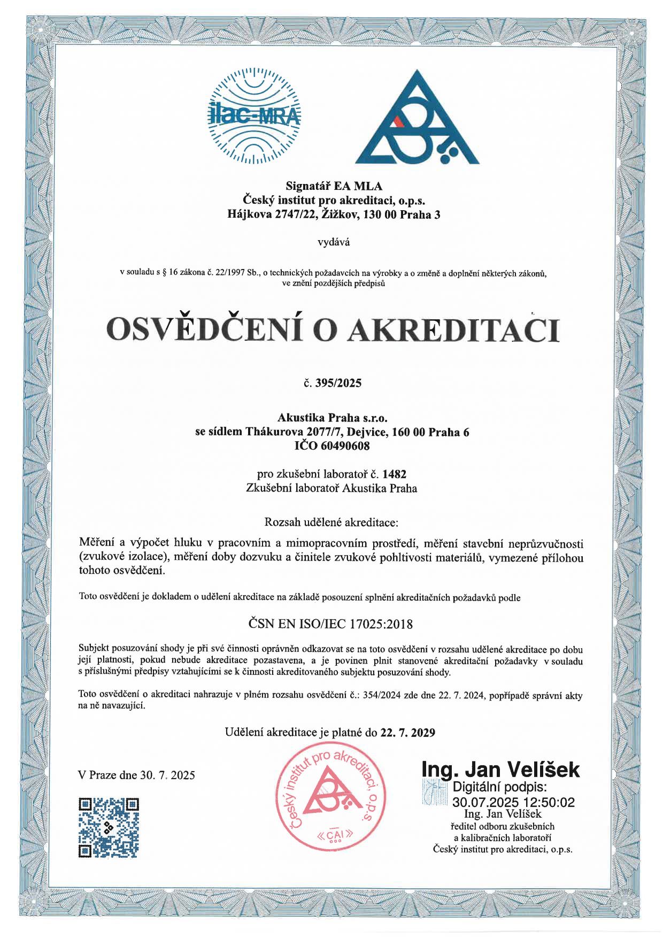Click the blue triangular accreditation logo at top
(x=417, y=119)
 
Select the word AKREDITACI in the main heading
(x=454, y=329)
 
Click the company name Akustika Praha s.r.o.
(x=332, y=418)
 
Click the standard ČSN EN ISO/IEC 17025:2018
(x=331, y=624)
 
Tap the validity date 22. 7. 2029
(x=407, y=732)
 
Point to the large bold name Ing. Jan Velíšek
(x=500, y=770)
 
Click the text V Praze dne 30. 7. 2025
(x=136, y=775)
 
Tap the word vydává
(x=334, y=242)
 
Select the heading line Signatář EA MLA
(x=334, y=186)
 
